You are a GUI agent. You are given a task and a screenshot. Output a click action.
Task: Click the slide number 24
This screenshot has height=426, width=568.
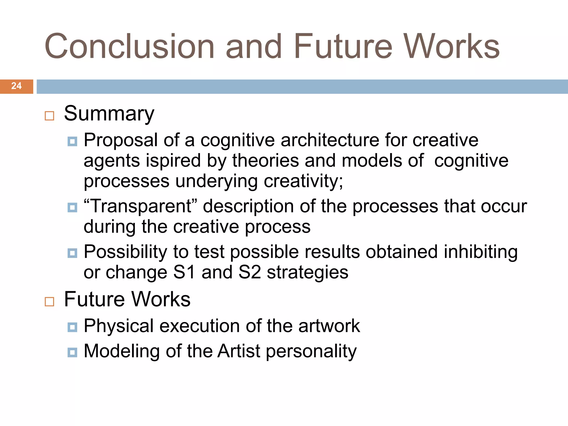coord(16,86)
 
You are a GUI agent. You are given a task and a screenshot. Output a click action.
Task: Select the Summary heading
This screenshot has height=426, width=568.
coord(109,114)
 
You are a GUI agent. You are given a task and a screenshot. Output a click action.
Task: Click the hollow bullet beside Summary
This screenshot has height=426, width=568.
coord(49,116)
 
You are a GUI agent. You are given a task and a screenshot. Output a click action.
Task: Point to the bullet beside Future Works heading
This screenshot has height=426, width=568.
coord(49,301)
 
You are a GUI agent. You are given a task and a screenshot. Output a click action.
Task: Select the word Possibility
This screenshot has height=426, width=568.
coord(125,252)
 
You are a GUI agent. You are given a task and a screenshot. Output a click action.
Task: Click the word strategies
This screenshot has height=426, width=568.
coord(307,273)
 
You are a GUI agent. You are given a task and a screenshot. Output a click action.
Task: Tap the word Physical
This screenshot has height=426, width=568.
coord(119,326)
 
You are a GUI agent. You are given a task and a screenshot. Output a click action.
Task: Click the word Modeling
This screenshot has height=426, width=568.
coord(121,351)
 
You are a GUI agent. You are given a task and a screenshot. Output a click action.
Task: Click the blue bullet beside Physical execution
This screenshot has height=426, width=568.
coord(72,327)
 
